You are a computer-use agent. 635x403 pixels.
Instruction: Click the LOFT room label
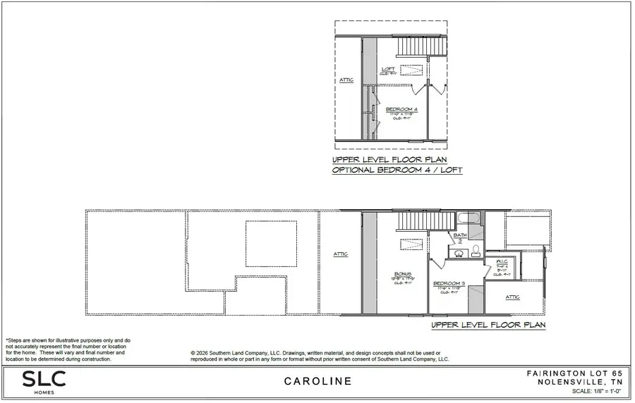click(x=388, y=69)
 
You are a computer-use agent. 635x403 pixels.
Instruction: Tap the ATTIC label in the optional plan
click(x=347, y=80)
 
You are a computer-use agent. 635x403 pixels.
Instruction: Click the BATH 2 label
click(x=460, y=236)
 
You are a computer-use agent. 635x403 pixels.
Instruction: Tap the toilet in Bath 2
click(x=476, y=251)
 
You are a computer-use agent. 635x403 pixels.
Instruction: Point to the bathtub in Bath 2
click(x=468, y=218)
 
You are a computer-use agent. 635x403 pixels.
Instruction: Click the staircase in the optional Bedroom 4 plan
click(x=421, y=47)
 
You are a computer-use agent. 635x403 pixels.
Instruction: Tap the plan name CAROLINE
click(x=317, y=382)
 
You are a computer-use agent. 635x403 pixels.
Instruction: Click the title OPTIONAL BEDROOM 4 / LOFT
click(x=398, y=170)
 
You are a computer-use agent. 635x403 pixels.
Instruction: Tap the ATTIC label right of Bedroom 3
click(x=513, y=297)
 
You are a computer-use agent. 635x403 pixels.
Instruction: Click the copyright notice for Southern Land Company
click(x=320, y=356)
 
